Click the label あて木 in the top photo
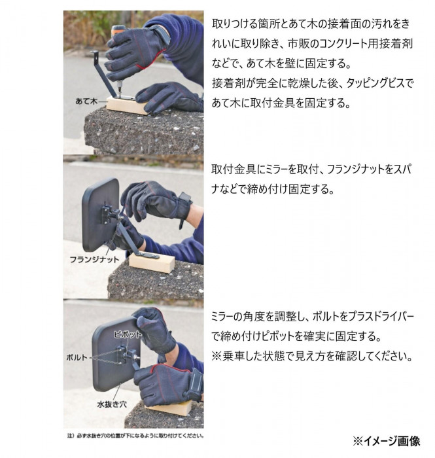point(86,101)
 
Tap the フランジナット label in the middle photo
point(94,259)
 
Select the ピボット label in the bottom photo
point(128,334)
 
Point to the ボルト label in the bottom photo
point(77,357)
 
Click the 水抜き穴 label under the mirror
point(112,404)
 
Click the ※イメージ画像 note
point(387,441)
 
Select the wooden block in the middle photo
point(152,263)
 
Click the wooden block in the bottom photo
point(172,408)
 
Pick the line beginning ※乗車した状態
point(312,357)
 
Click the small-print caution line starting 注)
point(135,436)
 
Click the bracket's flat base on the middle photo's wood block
point(150,256)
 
